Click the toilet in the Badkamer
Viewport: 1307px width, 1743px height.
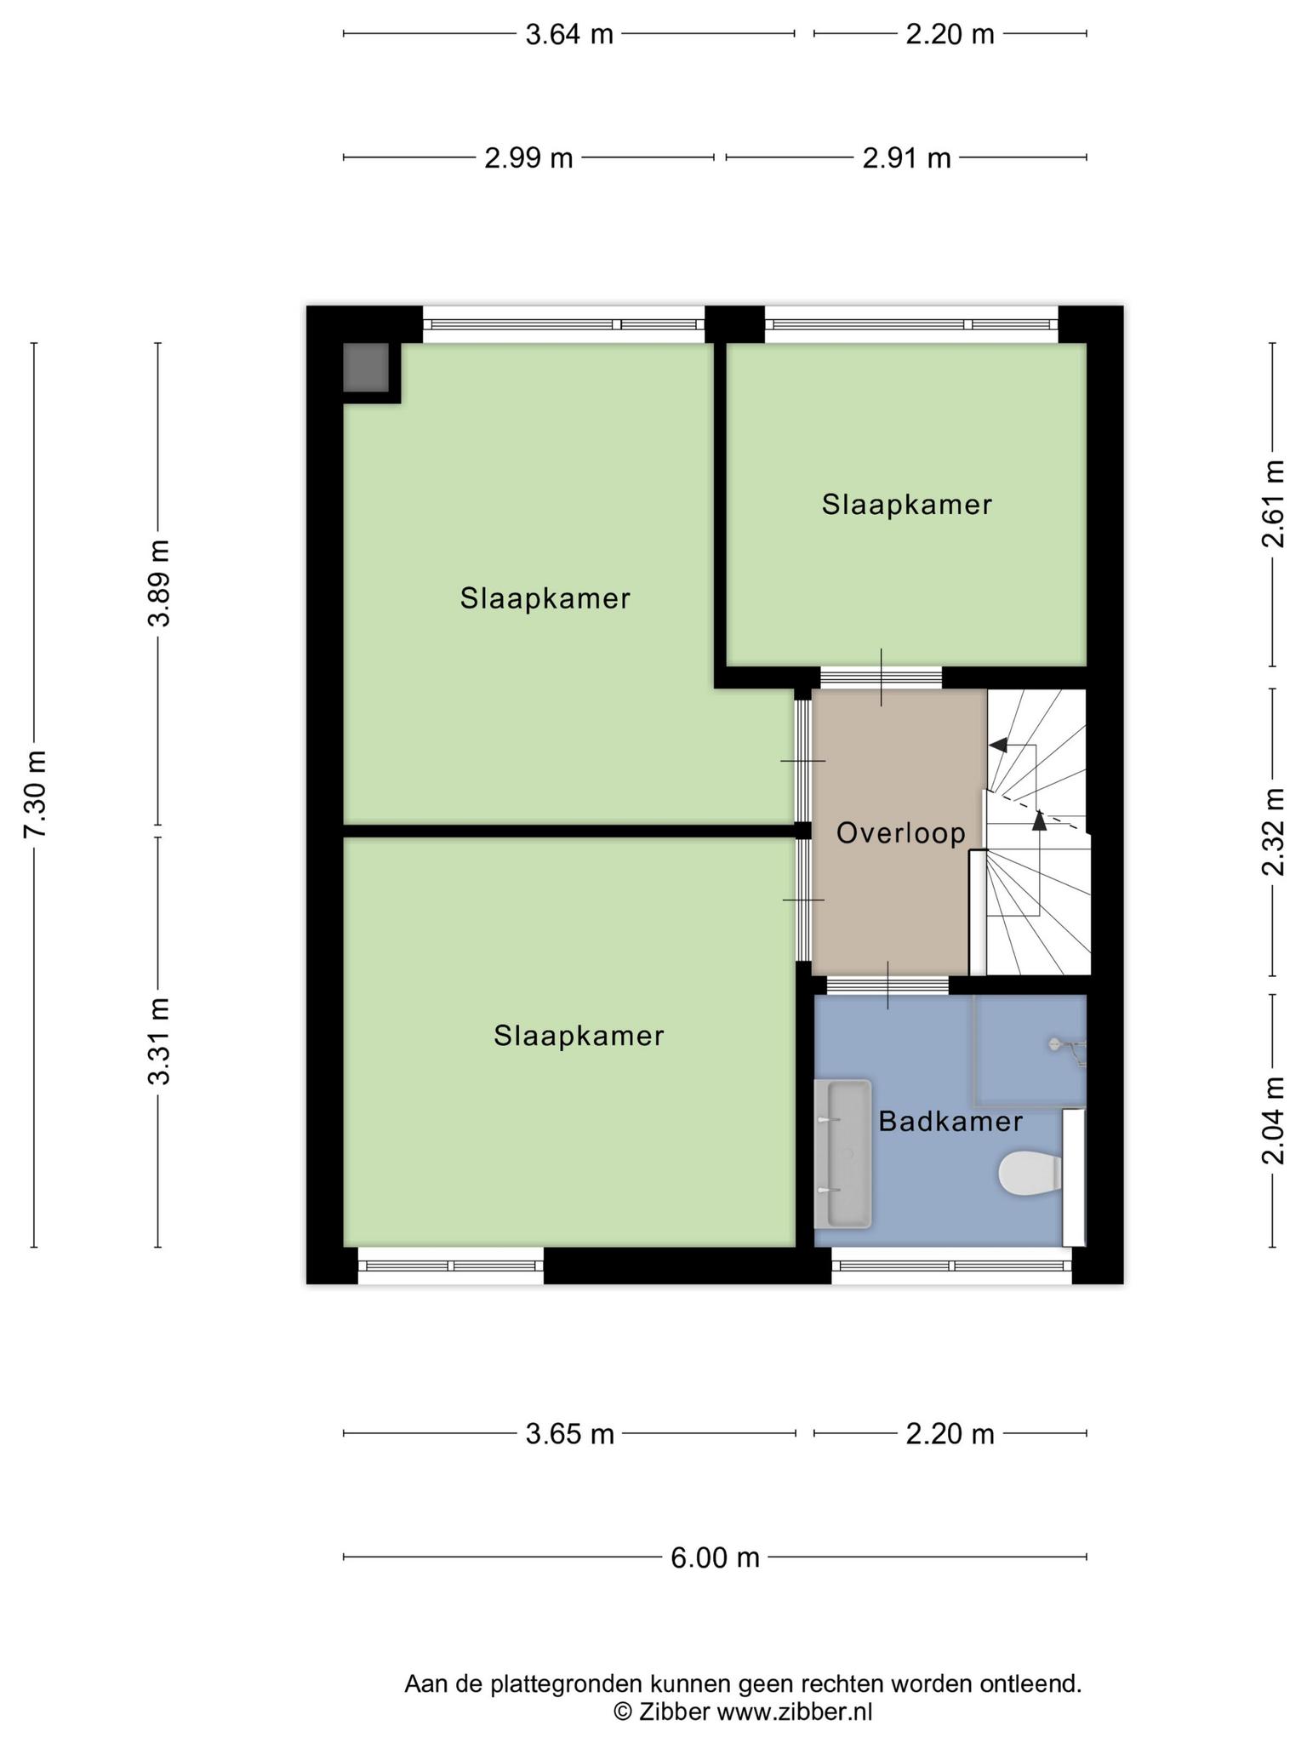pos(1030,1174)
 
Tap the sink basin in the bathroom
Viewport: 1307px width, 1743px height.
pos(842,1154)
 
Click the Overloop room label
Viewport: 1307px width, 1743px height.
pos(901,833)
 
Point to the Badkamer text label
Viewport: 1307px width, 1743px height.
pos(950,1122)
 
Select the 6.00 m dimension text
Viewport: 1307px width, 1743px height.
pos(715,1557)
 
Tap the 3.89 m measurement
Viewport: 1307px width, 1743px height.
pos(159,583)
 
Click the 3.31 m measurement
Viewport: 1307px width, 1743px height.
pos(159,1041)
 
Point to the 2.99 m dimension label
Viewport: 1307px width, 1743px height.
pos(528,158)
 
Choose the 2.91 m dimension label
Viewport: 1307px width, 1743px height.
pos(906,158)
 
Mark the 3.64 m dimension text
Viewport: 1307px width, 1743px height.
pos(569,35)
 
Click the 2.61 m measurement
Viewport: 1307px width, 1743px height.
pos(1274,504)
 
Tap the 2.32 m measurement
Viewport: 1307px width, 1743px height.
pos(1274,831)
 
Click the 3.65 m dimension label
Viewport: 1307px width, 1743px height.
pos(569,1434)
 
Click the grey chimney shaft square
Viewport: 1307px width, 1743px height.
pos(366,368)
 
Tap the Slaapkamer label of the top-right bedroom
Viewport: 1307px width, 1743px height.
pos(907,505)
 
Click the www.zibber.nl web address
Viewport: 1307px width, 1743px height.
pos(794,1712)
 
